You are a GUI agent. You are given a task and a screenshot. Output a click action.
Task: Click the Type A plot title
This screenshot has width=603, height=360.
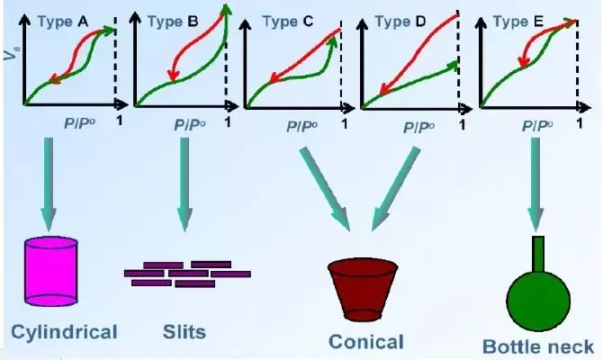pos(63,22)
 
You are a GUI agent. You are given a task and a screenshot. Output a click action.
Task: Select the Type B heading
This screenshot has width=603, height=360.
pos(173,22)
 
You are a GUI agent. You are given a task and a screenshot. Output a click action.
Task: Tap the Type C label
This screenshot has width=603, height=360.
pos(288,22)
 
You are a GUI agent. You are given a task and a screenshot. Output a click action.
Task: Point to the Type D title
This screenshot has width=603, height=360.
pos(400,22)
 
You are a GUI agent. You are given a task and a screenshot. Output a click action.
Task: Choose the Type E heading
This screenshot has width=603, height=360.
pos(518,22)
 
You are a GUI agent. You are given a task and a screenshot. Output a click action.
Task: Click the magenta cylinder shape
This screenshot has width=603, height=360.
pos(51,272)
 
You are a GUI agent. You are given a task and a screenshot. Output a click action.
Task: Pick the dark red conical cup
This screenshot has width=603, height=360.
pos(363,289)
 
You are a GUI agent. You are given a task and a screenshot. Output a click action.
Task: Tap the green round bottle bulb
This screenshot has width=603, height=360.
pos(538,300)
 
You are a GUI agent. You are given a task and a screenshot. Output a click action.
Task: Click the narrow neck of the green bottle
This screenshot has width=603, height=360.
pos(538,254)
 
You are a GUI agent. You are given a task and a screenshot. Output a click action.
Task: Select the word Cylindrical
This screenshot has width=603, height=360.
pos(64,332)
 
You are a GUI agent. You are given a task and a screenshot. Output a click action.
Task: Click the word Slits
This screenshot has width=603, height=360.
pos(184,332)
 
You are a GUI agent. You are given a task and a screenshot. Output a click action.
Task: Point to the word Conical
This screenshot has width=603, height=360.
pos(366,341)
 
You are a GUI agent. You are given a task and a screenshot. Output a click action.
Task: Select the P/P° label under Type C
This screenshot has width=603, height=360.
pos(301,126)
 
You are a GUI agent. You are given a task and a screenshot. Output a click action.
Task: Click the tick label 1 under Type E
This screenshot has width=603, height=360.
pos(580,123)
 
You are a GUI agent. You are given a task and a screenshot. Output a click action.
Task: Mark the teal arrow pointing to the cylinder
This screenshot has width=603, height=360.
pos(49,184)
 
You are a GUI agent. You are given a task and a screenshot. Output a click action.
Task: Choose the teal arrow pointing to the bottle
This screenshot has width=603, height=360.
pos(535,184)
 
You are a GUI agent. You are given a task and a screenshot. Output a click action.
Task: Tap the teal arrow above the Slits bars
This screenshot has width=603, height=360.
pos(184,184)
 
